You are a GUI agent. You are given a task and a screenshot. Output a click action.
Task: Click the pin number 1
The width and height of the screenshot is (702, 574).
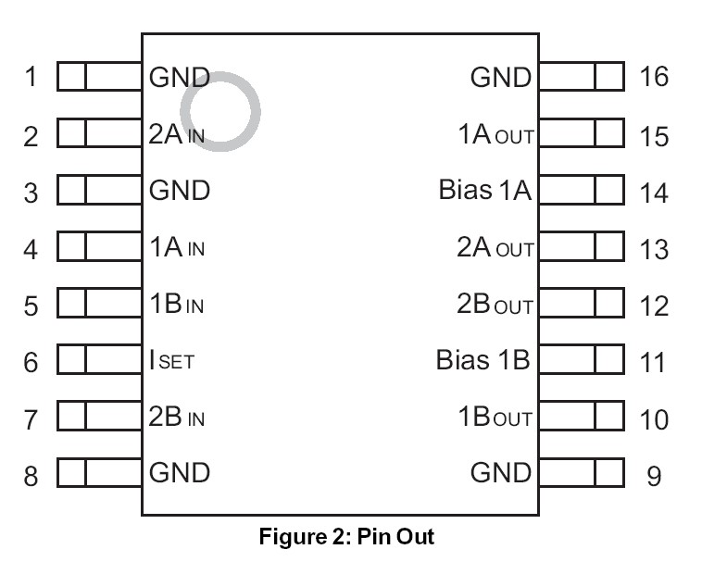click(31, 76)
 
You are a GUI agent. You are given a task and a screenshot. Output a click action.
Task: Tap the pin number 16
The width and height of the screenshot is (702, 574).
click(654, 76)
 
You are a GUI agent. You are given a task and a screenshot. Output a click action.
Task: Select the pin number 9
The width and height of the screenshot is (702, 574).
click(654, 477)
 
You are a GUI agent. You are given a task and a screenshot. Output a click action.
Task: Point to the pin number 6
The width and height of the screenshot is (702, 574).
click(31, 363)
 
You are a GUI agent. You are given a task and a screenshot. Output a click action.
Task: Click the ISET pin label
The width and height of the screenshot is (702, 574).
click(171, 361)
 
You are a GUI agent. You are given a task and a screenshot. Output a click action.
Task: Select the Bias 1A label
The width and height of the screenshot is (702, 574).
click(485, 192)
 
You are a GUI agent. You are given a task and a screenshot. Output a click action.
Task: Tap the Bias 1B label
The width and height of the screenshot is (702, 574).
click(483, 360)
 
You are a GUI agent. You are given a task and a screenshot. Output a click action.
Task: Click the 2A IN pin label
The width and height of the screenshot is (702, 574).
click(176, 134)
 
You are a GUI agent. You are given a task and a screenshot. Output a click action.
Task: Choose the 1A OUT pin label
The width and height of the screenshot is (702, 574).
click(496, 135)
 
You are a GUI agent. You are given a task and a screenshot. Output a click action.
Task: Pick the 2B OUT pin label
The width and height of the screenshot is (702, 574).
click(496, 305)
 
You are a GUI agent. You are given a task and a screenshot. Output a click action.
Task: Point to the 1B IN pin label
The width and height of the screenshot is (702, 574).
click(176, 305)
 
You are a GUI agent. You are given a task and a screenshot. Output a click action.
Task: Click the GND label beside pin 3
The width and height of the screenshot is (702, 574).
click(180, 192)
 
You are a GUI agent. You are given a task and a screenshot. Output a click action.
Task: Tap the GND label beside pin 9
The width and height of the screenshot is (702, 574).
click(501, 473)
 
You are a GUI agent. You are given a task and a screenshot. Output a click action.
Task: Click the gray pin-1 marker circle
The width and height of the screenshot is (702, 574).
click(219, 110)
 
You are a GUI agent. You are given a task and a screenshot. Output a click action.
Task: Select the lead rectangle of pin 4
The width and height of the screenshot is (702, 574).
click(98, 247)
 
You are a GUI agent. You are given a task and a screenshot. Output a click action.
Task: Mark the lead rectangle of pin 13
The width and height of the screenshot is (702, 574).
click(581, 247)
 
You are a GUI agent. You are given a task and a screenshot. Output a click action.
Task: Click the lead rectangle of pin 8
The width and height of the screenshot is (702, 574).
click(98, 473)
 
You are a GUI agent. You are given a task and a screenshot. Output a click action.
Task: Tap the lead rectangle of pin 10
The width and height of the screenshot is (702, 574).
click(581, 417)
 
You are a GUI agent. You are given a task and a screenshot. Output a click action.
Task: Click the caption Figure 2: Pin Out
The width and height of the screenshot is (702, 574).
click(345, 537)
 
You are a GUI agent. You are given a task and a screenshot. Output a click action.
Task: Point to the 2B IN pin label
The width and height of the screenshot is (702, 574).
click(176, 417)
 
